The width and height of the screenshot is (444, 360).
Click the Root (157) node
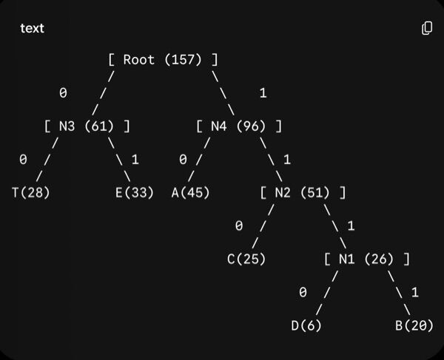pos(163,60)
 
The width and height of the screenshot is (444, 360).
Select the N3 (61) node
pos(87,126)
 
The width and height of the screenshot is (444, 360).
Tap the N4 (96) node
pos(239,126)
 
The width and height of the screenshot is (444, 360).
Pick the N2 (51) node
pos(303,193)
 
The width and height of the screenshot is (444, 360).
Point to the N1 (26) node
pos(367,259)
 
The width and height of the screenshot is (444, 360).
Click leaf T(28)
pos(31,193)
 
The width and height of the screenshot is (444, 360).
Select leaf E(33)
pos(135,193)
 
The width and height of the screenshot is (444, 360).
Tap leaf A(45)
pos(191,193)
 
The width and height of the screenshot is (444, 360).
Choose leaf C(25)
pos(246,259)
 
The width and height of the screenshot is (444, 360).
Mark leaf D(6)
pos(306,325)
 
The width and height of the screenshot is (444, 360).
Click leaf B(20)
pos(414,325)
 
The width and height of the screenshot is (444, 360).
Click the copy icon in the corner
pos(427,28)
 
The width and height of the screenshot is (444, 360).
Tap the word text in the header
pos(32,28)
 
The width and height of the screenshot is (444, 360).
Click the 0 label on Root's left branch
pos(63,92)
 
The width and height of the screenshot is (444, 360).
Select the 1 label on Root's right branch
pos(263,92)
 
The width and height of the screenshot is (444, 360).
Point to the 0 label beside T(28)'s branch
pos(23,160)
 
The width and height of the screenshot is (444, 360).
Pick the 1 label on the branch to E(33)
pos(135,160)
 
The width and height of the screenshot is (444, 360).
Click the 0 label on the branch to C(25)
pos(239,225)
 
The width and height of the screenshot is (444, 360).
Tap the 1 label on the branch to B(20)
pos(415,292)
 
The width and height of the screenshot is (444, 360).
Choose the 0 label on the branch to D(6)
pos(303,292)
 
